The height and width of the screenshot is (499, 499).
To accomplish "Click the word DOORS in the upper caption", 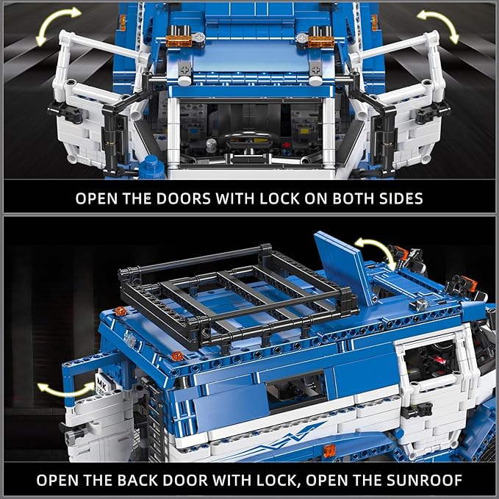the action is click(183, 198).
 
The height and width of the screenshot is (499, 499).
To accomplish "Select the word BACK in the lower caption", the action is click(138, 480).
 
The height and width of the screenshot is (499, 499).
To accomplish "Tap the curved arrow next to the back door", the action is click(66, 389).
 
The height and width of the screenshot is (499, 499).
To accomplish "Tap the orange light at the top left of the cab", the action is click(179, 41).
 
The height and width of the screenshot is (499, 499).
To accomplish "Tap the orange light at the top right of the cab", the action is click(320, 41).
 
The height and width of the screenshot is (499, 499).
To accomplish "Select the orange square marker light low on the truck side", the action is click(329, 450).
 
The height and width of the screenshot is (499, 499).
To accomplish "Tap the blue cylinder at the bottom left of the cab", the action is click(151, 166).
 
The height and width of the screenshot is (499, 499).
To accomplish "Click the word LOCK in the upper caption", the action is click(280, 198).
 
